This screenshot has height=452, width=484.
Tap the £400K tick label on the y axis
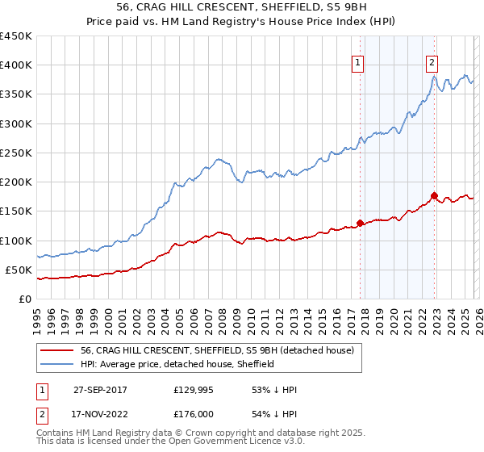click(15, 65)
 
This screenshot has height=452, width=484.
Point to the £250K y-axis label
click(15, 153)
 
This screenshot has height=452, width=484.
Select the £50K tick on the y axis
click(19, 270)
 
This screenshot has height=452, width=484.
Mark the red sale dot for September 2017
click(360, 223)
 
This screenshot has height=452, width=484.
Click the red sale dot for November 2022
click(434, 195)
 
